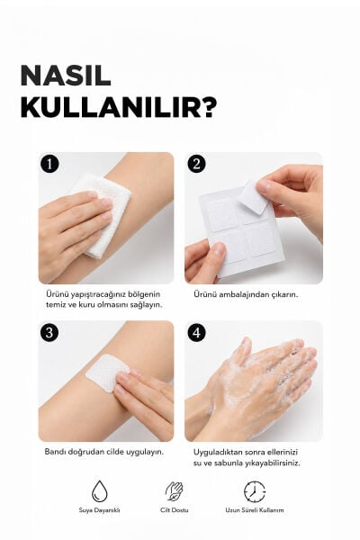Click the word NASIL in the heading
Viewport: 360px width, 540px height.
[66, 75]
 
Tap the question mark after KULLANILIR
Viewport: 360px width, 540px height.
[208, 107]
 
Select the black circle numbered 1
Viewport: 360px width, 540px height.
[49, 164]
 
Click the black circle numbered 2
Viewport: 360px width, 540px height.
[197, 164]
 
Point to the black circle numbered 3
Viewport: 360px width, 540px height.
[49, 333]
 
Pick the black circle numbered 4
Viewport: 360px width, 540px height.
[197, 333]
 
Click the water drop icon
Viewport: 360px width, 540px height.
[100, 491]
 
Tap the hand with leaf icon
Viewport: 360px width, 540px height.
[175, 491]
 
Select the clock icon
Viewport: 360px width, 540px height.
[255, 491]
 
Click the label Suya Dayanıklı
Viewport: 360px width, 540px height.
[99, 510]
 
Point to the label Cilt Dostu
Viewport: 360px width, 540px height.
[175, 510]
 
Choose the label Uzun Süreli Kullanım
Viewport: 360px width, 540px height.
[255, 510]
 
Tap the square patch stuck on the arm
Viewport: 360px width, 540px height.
[106, 373]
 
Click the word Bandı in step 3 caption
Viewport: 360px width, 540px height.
[54, 452]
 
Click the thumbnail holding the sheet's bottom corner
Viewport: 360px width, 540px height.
[218, 248]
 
